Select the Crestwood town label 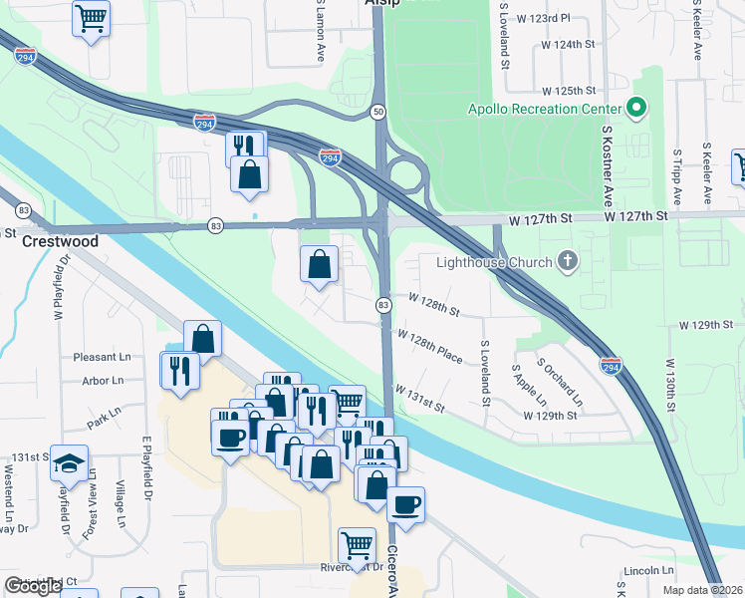(x=62, y=241)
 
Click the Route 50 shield (x=379, y=112)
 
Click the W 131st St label (x=419, y=400)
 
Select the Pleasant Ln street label (x=102, y=356)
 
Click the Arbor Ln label (x=104, y=380)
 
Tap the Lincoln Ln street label (x=647, y=571)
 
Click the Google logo (x=33, y=586)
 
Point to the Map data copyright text (x=703, y=590)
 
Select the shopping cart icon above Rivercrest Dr (x=357, y=545)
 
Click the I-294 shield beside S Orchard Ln (x=612, y=367)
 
